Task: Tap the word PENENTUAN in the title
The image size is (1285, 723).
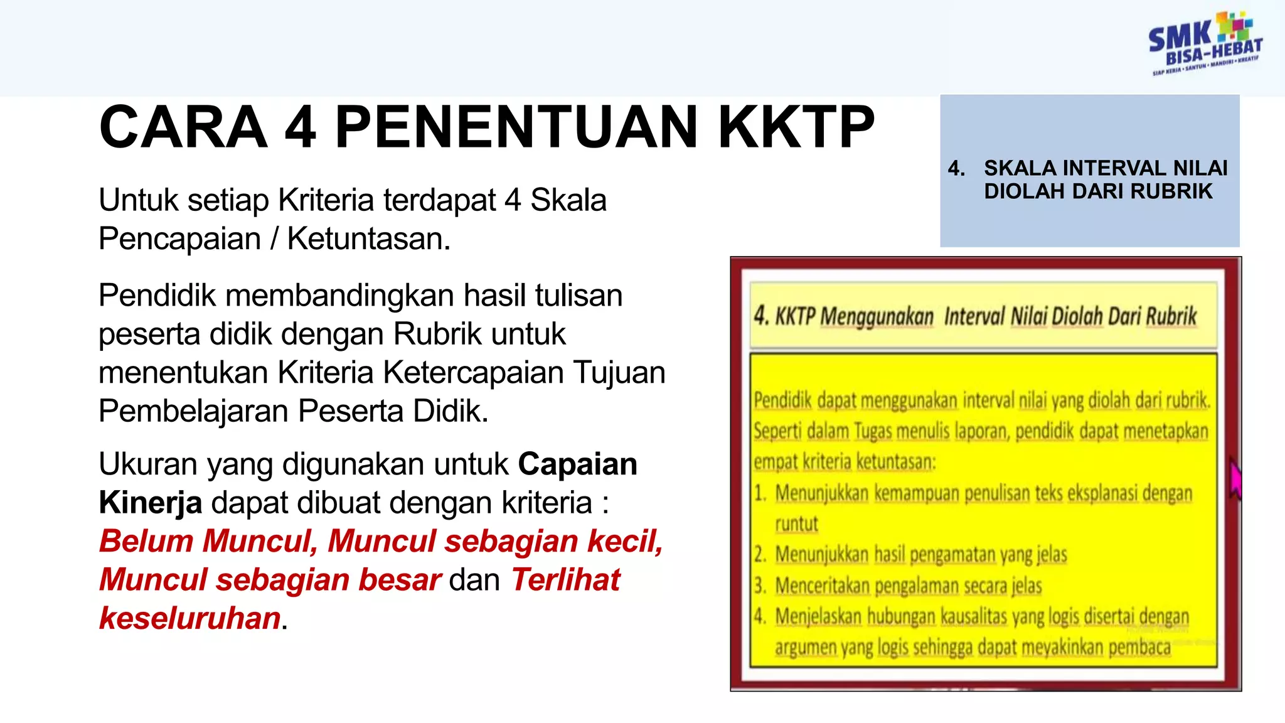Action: click(x=516, y=127)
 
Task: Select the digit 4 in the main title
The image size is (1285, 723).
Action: click(x=300, y=127)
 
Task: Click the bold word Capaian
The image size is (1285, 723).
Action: click(x=577, y=464)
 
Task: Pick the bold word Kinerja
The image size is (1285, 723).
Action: click(x=151, y=503)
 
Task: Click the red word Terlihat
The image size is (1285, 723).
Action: click(x=565, y=580)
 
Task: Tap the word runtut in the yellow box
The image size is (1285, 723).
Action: click(x=796, y=523)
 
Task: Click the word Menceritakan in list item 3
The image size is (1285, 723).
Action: click(x=822, y=586)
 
